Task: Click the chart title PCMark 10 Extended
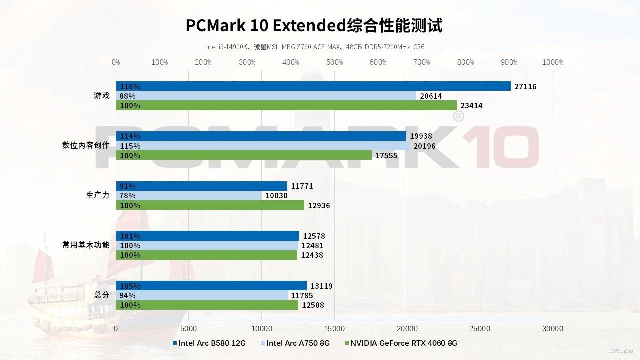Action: pyautogui.click(x=314, y=25)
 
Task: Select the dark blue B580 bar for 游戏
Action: pyautogui.click(x=313, y=86)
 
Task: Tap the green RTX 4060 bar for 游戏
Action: pyautogui.click(x=286, y=105)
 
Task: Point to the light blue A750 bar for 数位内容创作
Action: pyautogui.click(x=263, y=146)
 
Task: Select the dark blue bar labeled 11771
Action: pyautogui.click(x=202, y=186)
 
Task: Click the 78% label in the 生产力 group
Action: pyautogui.click(x=127, y=196)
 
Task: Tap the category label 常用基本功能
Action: pyautogui.click(x=86, y=245)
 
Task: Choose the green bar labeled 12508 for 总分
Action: pyautogui.click(x=207, y=305)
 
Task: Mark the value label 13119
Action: pyautogui.click(x=321, y=286)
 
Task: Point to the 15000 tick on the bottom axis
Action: pyautogui.click(x=334, y=328)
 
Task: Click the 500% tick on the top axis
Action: pyautogui.click(x=334, y=62)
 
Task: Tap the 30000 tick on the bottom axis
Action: pyautogui.click(x=553, y=328)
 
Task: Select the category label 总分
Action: pyautogui.click(x=102, y=295)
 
